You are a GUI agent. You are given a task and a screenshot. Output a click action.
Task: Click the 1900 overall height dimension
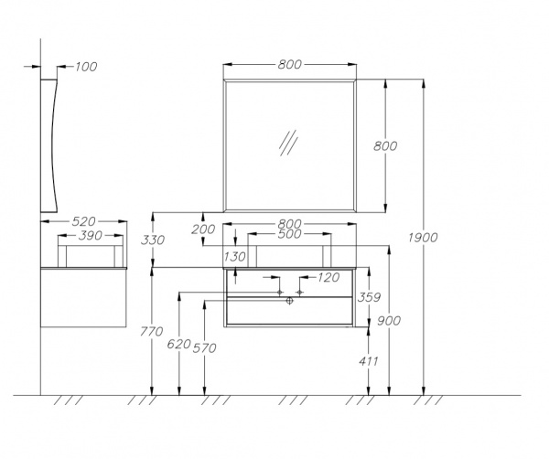pos(423,238)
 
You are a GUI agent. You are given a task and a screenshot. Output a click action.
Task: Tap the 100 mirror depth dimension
pos(86,67)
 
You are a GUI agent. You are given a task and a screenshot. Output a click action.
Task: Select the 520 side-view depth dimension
pos(83,221)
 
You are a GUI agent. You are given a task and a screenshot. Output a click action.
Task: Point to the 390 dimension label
pos(91,236)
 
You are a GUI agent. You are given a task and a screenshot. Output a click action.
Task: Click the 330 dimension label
pos(153,240)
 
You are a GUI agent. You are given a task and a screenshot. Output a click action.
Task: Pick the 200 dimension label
pos(203,229)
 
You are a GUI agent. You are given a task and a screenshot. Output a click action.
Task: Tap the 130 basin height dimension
pos(234,257)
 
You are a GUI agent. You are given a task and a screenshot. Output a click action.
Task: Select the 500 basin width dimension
pos(289,234)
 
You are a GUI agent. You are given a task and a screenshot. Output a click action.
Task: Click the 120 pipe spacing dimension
pos(328,277)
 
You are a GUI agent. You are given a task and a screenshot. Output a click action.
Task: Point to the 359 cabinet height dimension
pos(369,297)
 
